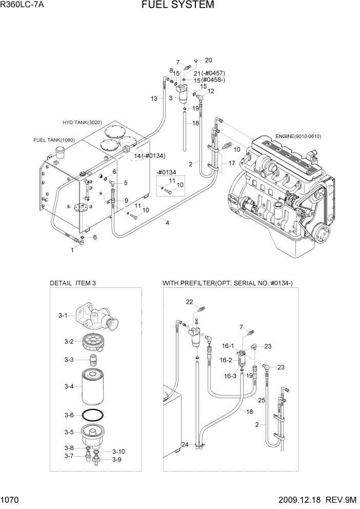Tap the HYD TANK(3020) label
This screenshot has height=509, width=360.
[83, 122]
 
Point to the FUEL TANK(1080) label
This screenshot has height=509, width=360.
[54, 140]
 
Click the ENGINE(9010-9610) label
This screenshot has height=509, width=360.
[298, 136]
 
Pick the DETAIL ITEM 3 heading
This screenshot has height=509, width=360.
[72, 283]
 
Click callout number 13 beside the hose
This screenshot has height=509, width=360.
[154, 99]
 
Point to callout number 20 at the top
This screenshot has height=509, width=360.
[208, 60]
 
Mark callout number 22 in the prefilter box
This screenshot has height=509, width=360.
[189, 301]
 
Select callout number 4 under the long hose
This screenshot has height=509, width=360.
[167, 222]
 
